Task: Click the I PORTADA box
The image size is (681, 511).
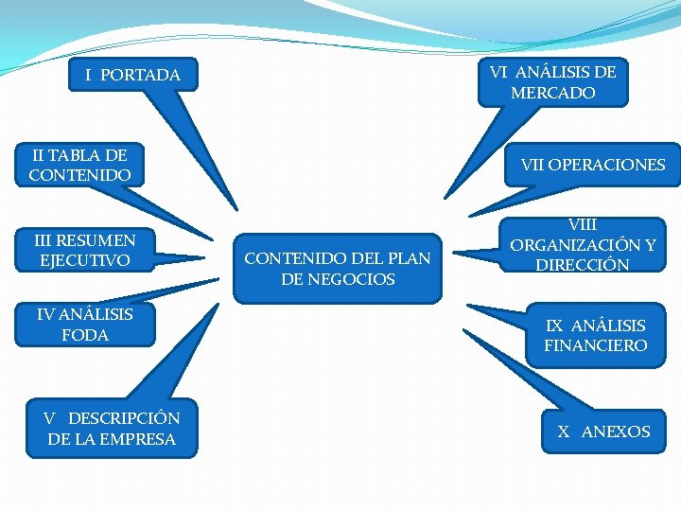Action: click(132, 75)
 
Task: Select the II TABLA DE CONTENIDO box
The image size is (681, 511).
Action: click(79, 165)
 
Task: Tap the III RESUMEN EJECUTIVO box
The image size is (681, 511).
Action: click(85, 250)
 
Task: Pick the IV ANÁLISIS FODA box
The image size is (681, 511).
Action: click(85, 325)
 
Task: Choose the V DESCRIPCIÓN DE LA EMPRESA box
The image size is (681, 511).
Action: click(112, 429)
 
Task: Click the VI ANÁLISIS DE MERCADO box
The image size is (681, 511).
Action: click(552, 82)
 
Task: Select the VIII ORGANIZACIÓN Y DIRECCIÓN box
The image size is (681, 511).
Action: click(583, 246)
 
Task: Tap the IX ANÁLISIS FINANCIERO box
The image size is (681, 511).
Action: click(595, 336)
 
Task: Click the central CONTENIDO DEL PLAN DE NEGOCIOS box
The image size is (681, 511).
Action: click(338, 269)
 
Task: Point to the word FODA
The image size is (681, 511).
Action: click(85, 335)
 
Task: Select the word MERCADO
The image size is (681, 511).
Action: click(553, 94)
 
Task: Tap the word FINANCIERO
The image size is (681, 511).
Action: click(596, 346)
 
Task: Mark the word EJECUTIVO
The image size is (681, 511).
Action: click(85, 260)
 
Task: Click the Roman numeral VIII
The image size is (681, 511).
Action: click(583, 226)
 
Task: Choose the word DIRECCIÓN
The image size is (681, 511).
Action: click(583, 266)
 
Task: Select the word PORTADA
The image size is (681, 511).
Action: click(140, 75)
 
